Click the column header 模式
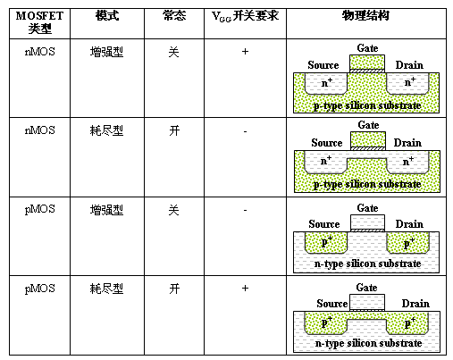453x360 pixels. pos(107,15)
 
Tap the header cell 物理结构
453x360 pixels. pos(365,15)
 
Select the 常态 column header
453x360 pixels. pos(174,15)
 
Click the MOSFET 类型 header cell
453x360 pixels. pos(39,22)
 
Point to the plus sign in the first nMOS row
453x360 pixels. pos(245,52)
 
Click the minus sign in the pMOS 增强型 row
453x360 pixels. pos(245,210)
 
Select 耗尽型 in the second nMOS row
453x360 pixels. pos(106,130)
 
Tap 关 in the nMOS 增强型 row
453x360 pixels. pos(174,53)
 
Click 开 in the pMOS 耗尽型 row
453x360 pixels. pos(174,289)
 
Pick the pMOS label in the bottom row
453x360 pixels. pos(39,289)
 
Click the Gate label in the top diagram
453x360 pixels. pos(367,48)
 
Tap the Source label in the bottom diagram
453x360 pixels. pos(332,304)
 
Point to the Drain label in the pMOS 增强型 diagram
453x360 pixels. pos(409,224)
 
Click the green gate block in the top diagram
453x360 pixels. pos(367,62)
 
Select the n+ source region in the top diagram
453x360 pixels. pos(326,84)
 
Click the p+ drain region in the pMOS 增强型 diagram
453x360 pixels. pos(407,243)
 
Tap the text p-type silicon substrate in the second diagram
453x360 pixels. pos(367,185)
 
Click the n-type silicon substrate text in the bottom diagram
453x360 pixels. pos(368,343)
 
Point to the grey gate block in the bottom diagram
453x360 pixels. pos(367,302)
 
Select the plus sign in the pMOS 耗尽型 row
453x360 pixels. pos(245,289)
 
